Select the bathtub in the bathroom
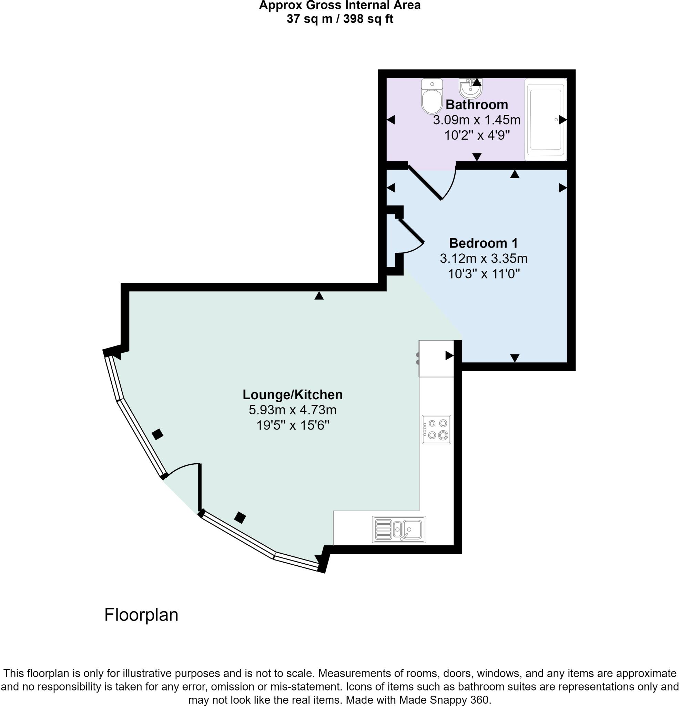tap(545, 120)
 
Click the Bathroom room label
tap(477, 105)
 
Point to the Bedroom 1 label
tap(483, 243)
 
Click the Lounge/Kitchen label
tap(293, 395)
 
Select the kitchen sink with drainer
tap(399, 529)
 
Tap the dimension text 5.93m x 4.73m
tap(293, 410)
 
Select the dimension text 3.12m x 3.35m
tap(483, 259)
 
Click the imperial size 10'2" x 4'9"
tap(477, 135)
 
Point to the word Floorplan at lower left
tap(141, 615)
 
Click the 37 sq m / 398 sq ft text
tap(339, 19)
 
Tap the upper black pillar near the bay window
tap(158, 434)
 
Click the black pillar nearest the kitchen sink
tap(240, 518)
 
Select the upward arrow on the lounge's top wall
tap(319, 296)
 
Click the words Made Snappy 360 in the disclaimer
tap(445, 700)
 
